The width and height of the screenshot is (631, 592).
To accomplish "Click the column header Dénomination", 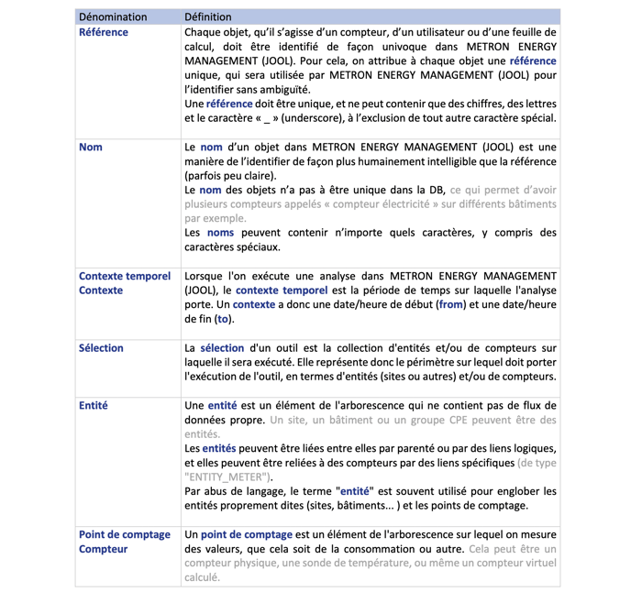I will point(113,16).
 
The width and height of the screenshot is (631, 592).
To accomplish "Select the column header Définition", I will point(208,16).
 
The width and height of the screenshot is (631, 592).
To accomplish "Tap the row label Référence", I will point(104,32).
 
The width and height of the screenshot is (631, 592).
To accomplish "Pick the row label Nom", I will point(91,148).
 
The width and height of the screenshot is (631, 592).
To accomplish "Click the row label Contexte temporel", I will point(125,276).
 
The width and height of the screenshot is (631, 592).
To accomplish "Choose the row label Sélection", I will point(101,348).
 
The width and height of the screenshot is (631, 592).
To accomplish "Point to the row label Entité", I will point(94,405).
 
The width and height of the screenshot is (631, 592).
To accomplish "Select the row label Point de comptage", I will point(125,534).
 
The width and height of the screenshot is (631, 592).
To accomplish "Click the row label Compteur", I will point(103,549).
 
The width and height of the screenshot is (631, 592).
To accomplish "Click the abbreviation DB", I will point(432,190).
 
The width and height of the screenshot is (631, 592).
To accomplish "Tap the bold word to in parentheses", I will point(222,319).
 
